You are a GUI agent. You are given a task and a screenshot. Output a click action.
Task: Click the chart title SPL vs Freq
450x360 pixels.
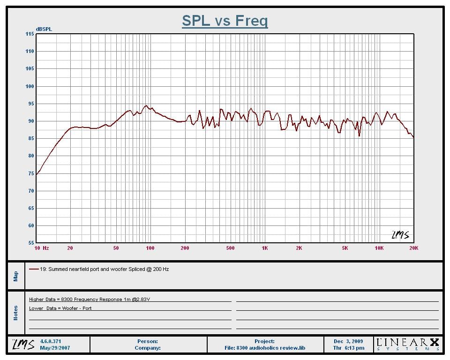point(225,21)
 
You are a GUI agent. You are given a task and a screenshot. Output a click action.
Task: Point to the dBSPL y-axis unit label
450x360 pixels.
point(44,29)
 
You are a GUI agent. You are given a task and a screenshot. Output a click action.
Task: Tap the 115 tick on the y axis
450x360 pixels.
point(30,34)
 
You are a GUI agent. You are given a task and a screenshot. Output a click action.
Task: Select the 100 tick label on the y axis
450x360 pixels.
point(30,86)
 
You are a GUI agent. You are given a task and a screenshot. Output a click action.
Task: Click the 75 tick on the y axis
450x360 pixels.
point(31,173)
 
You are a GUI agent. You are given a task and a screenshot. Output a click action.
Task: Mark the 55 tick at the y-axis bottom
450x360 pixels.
point(31,243)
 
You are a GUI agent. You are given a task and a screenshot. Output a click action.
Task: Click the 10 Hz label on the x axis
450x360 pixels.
point(42,248)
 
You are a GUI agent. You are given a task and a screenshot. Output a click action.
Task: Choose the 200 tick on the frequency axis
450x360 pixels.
point(185,248)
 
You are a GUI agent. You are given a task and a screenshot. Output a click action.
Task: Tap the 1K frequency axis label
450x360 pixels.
point(265,248)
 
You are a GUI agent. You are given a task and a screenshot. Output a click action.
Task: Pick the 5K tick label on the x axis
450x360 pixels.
point(345,248)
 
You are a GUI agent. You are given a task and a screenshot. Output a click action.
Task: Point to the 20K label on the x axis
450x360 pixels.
point(413,248)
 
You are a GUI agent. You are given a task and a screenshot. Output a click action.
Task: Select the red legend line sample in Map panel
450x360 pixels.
point(33,270)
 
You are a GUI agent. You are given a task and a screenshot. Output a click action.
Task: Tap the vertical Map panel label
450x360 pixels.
point(16,276)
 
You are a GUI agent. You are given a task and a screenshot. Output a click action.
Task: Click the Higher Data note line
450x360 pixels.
point(90,299)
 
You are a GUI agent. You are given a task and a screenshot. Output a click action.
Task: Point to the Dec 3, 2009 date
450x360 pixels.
point(349,341)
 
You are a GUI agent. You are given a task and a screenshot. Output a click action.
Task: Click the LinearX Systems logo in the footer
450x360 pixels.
point(408,345)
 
